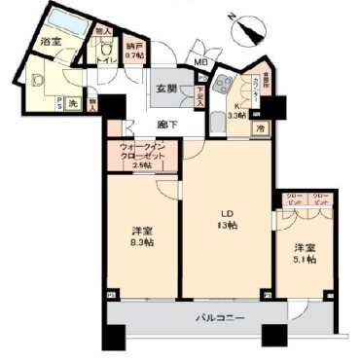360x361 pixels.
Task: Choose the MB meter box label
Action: point(200,63)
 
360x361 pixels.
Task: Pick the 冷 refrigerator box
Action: point(260,126)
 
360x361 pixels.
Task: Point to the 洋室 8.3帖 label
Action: point(141,236)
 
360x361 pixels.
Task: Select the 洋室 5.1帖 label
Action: point(303,253)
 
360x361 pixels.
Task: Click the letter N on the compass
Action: point(257,19)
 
